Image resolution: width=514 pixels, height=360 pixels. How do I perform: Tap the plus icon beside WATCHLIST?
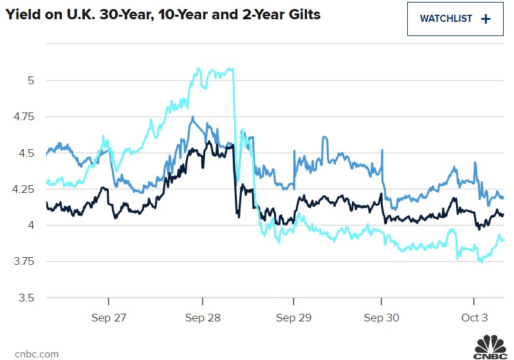pyautogui.click(x=486, y=19)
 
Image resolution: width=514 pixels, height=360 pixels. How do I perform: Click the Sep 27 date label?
pyautogui.click(x=109, y=318)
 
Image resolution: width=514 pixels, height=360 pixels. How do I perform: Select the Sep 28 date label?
pyautogui.click(x=203, y=318)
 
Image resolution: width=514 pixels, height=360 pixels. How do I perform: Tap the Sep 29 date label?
pyautogui.click(x=294, y=318)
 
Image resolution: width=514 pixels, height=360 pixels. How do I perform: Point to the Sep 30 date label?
pyautogui.click(x=382, y=318)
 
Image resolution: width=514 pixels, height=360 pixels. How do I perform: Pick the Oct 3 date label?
pyautogui.click(x=474, y=318)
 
